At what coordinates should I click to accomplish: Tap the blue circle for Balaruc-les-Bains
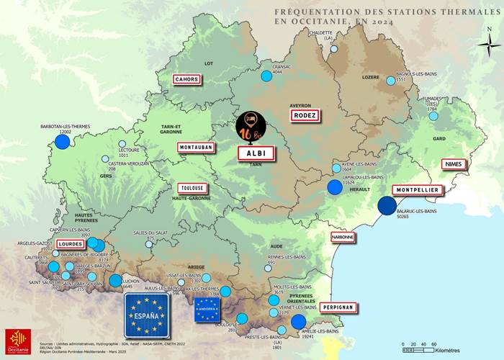(387, 206)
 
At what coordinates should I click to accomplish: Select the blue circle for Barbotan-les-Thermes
(63, 141)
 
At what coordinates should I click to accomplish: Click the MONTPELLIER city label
(418, 190)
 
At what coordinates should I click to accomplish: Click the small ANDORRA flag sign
(207, 310)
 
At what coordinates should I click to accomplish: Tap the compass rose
(489, 44)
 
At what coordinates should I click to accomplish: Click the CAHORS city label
(186, 79)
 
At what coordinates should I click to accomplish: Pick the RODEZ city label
(304, 115)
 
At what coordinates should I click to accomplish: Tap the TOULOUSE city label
(192, 188)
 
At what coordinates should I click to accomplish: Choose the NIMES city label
(454, 164)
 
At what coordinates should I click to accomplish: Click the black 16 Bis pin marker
(251, 126)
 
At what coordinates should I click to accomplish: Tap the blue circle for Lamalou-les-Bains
(335, 188)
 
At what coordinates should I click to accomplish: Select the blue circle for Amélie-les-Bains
(299, 322)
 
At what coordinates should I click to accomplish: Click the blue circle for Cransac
(266, 76)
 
